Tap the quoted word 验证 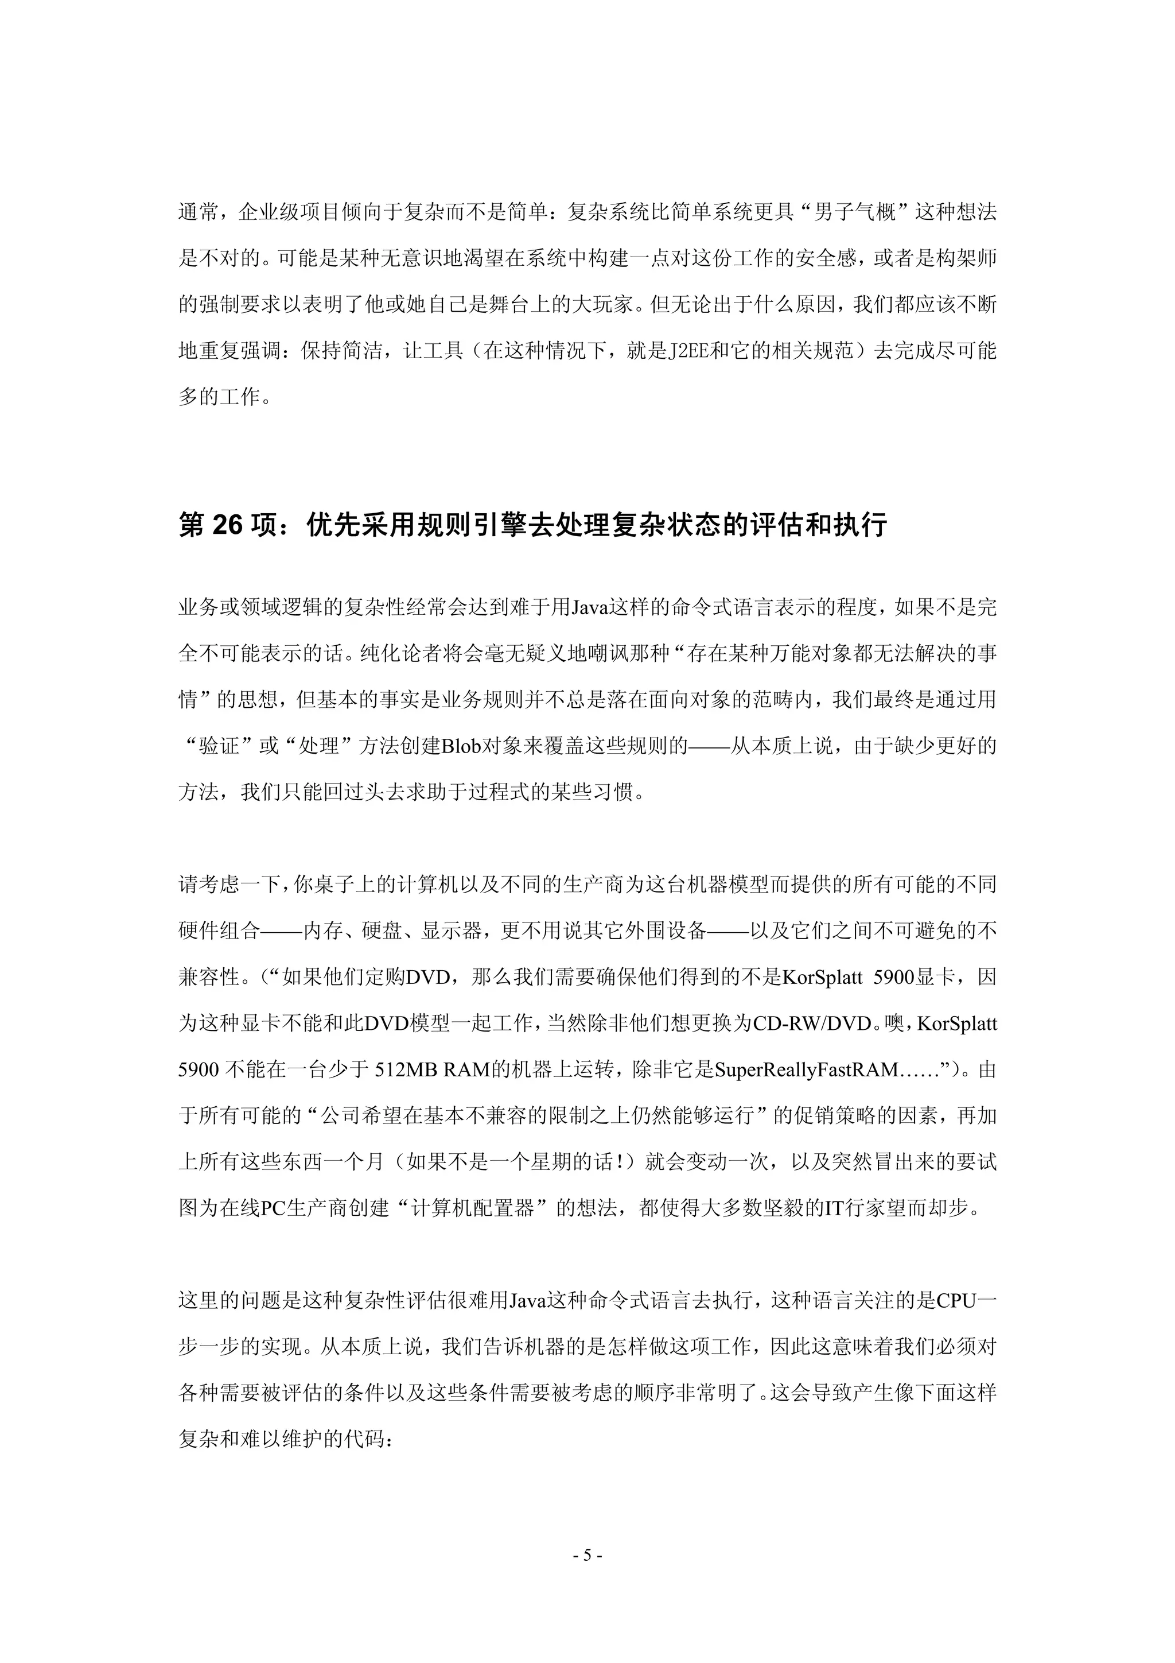(x=219, y=746)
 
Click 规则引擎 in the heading (x=454, y=526)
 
